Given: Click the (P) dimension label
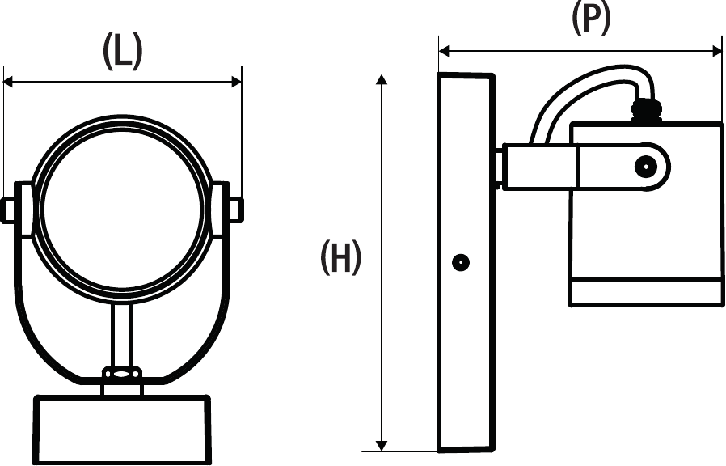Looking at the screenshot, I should point(591,19).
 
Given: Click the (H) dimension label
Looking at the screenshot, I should point(340,258).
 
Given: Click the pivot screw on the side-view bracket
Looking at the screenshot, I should point(645,167).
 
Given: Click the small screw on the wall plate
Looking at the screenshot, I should point(461,262).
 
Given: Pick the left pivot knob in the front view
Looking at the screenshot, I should point(10,210).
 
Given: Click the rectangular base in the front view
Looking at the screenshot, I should point(122,429).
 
